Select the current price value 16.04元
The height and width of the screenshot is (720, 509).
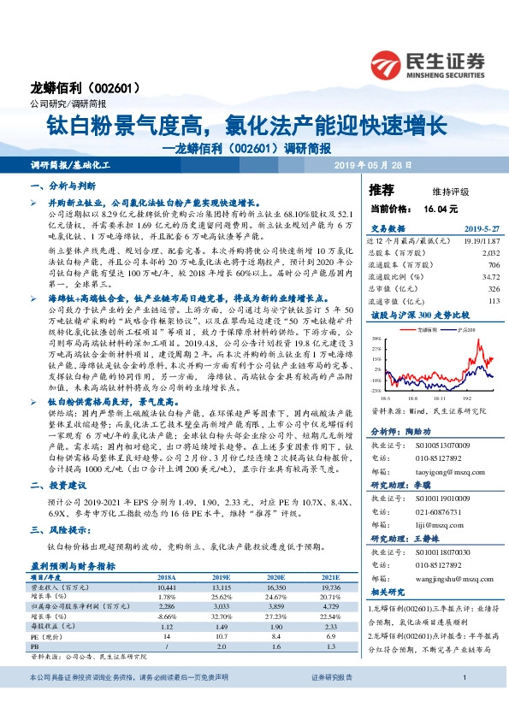point(441,208)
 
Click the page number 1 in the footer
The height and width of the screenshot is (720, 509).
point(463,702)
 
